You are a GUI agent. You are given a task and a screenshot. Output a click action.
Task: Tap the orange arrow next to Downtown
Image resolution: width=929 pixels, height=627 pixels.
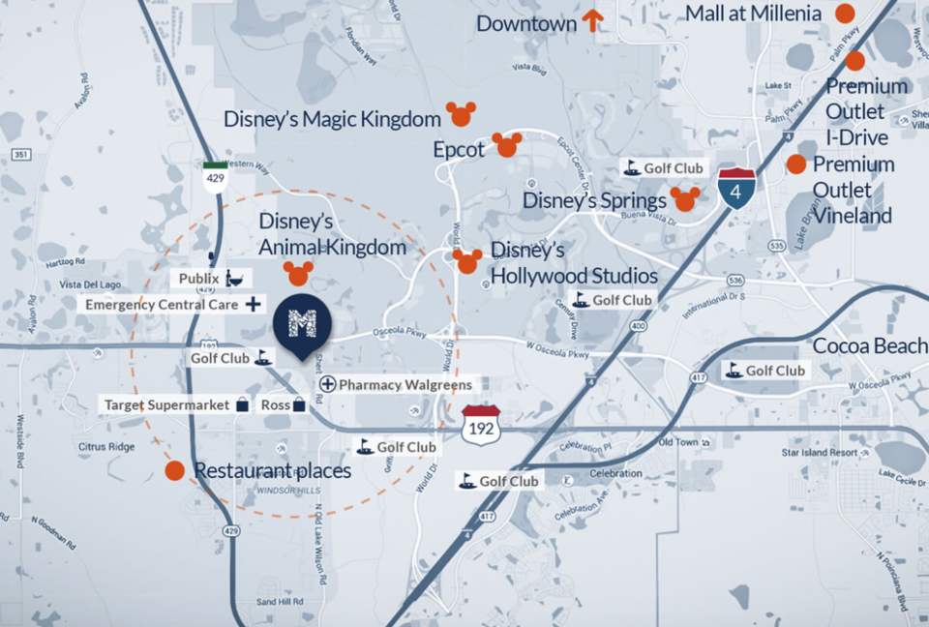[592, 20]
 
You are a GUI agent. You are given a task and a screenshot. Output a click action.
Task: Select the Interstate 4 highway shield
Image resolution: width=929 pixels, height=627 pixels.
[736, 189]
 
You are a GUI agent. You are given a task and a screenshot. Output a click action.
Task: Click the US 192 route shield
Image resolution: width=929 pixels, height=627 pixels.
[480, 426]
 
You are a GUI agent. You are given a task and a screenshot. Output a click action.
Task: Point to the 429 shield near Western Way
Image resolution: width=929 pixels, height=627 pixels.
[215, 178]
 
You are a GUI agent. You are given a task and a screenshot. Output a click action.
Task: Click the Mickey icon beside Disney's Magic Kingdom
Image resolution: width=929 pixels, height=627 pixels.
[460, 114]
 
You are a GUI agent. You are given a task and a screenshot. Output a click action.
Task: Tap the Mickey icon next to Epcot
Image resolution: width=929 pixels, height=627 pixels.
[506, 145]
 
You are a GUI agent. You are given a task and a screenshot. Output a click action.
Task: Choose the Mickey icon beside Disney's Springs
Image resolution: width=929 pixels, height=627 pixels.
[685, 199]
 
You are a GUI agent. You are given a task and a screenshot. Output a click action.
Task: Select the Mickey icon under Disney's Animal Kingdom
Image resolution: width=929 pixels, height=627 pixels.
[298, 273]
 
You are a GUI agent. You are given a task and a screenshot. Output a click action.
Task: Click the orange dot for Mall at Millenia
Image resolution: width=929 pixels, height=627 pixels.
[845, 14]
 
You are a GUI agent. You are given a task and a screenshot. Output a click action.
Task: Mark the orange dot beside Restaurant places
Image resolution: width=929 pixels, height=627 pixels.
[174, 471]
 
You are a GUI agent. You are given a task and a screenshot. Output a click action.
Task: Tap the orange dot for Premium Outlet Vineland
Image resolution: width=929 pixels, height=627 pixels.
[795, 164]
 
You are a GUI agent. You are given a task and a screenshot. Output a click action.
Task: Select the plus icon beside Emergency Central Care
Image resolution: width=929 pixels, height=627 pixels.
[253, 304]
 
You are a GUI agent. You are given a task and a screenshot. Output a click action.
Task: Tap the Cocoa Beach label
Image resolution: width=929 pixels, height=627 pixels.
[870, 346]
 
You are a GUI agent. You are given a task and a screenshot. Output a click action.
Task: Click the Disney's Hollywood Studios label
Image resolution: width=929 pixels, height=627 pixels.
[574, 263]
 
